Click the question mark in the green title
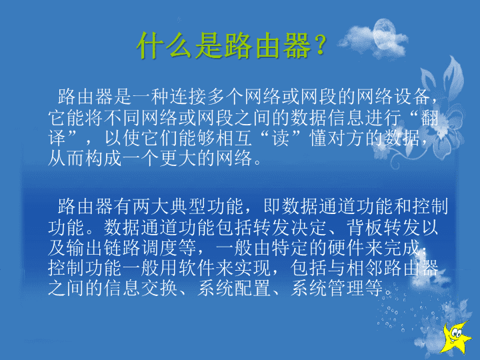click(320, 45)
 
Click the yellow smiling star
click(455, 338)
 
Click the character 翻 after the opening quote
click(430, 117)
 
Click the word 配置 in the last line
click(252, 288)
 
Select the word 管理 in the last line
click(346, 288)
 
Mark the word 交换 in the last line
click(159, 288)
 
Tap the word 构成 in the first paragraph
click(103, 158)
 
